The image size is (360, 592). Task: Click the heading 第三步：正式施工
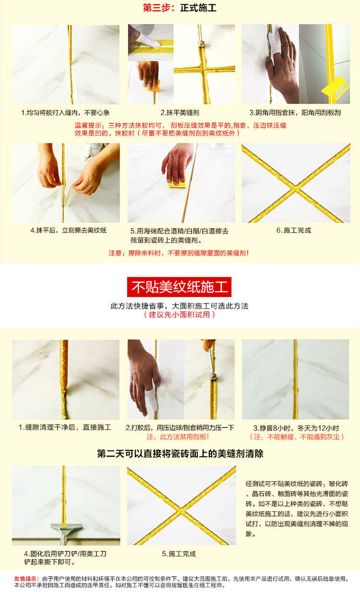point(180,8)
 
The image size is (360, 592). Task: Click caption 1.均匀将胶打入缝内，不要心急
point(65,113)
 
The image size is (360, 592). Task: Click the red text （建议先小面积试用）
point(180,315)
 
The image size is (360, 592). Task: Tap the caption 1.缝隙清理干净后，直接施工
point(65,427)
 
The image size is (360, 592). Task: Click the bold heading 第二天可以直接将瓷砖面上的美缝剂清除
point(180,453)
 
